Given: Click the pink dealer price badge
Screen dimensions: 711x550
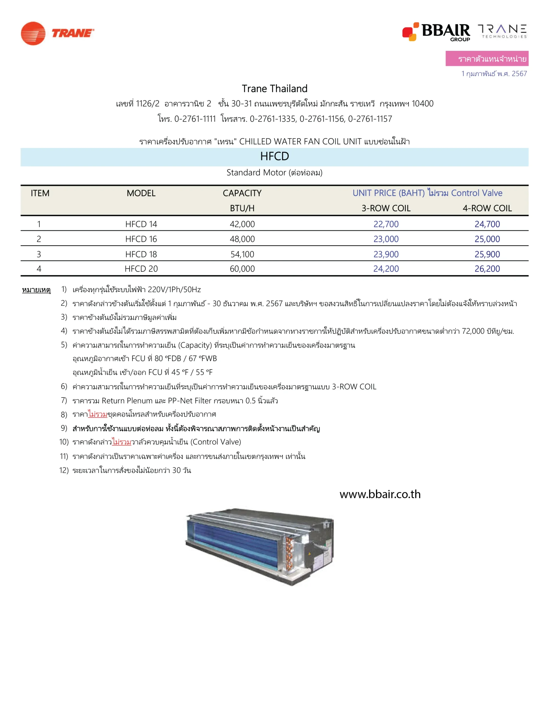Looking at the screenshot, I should (x=487, y=59).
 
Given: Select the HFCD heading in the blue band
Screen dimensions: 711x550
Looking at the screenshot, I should (x=274, y=157).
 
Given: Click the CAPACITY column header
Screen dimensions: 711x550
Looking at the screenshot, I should (x=242, y=193).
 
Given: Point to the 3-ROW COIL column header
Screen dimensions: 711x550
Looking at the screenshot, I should (x=386, y=208).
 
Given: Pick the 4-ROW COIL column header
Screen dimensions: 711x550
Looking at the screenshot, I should (x=487, y=208).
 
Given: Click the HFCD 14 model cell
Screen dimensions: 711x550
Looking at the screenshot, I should (x=141, y=224).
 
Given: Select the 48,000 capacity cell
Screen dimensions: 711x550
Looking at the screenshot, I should (x=242, y=239).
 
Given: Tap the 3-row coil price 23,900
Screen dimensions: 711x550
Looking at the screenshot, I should (x=386, y=254).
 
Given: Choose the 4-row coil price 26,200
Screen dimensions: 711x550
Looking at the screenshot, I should (x=487, y=269).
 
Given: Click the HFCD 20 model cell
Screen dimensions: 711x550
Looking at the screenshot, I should (x=141, y=269).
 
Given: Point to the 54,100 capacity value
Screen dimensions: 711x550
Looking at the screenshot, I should (x=242, y=254).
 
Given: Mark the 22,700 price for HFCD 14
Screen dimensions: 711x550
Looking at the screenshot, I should (x=386, y=224).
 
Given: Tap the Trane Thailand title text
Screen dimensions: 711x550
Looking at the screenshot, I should (x=274, y=89).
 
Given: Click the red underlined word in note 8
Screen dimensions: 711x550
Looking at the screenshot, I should (x=98, y=414).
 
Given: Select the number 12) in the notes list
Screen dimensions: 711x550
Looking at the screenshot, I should (x=64, y=470).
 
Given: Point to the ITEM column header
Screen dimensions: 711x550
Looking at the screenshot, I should (x=40, y=193).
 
